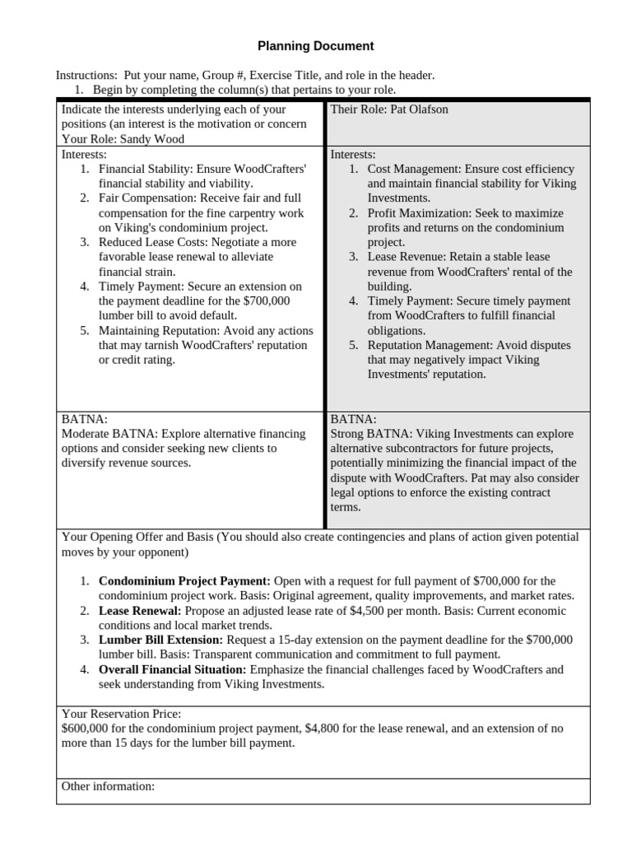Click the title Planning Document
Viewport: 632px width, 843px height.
316,46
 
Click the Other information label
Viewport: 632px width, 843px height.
108,787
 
